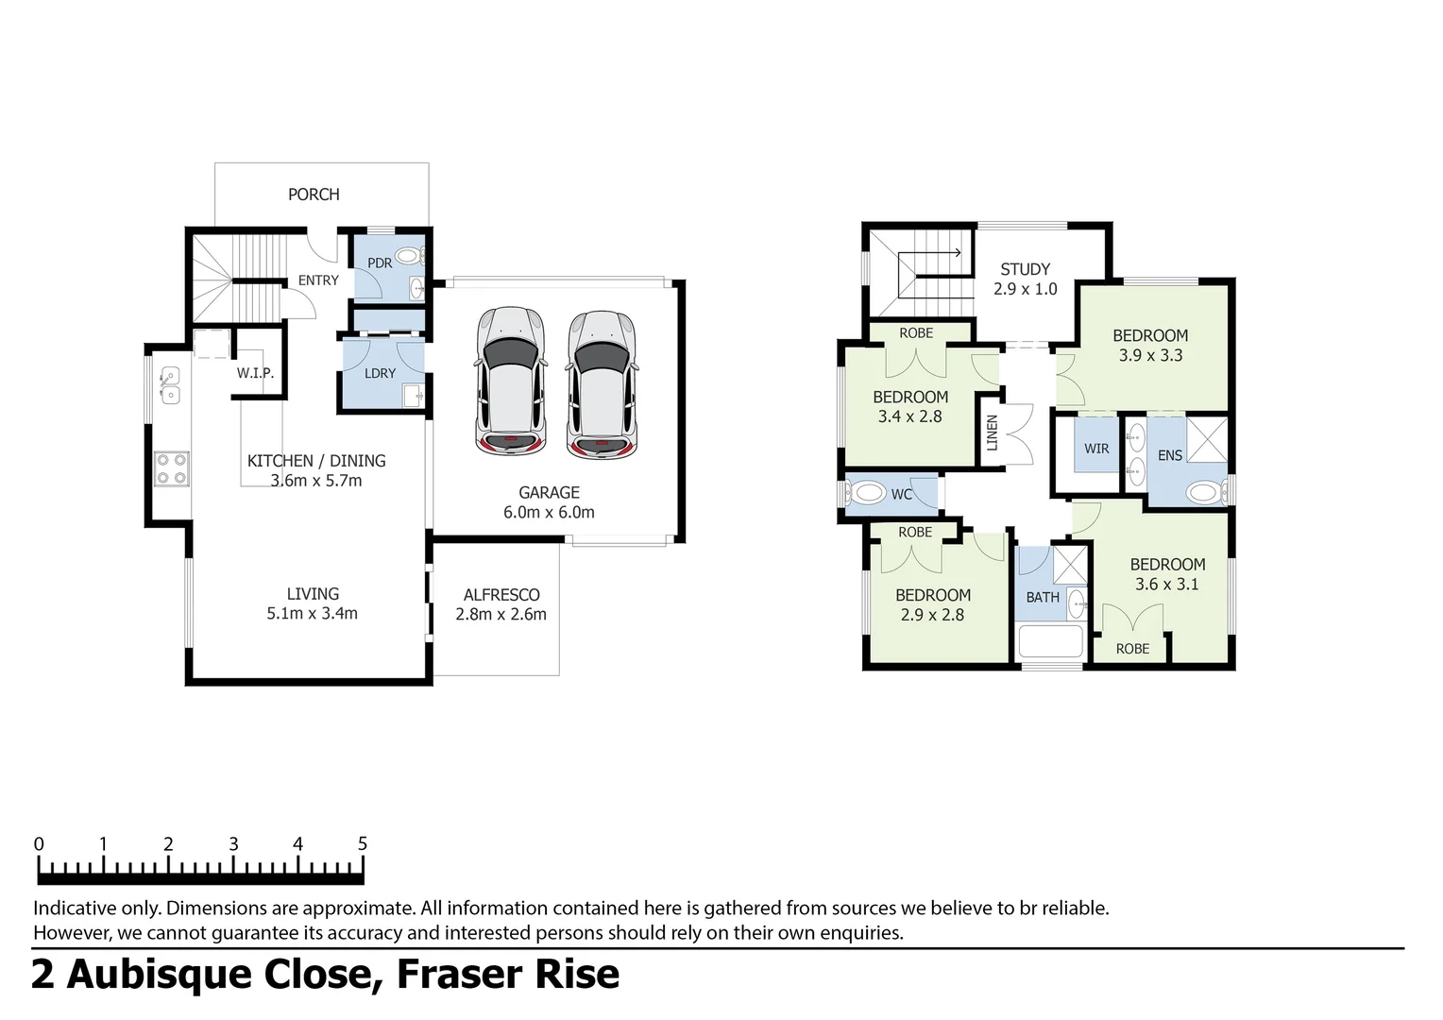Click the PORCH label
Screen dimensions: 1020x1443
tap(314, 195)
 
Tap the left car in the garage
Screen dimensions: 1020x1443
tap(510, 380)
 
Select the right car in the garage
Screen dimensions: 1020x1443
tap(602, 382)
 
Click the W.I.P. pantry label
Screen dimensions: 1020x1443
tap(255, 373)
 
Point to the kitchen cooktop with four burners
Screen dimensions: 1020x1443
tap(172, 468)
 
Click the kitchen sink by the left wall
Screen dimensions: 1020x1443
tap(170, 385)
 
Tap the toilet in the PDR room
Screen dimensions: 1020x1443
tap(409, 255)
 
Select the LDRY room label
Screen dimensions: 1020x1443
tap(380, 373)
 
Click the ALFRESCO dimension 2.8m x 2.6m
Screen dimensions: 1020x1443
tap(501, 615)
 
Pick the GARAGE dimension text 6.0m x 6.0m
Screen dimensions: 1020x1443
tap(549, 513)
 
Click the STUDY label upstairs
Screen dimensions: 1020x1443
tap(1025, 269)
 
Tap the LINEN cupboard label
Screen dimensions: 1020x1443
tap(992, 433)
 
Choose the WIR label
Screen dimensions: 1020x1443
tap(1096, 449)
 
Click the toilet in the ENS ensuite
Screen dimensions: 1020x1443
tap(1202, 491)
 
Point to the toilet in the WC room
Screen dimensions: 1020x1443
tap(864, 493)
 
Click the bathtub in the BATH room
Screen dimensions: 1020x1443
tap(1050, 643)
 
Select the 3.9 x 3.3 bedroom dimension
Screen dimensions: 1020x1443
tap(1150, 356)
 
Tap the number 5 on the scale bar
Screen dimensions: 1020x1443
tap(362, 843)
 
